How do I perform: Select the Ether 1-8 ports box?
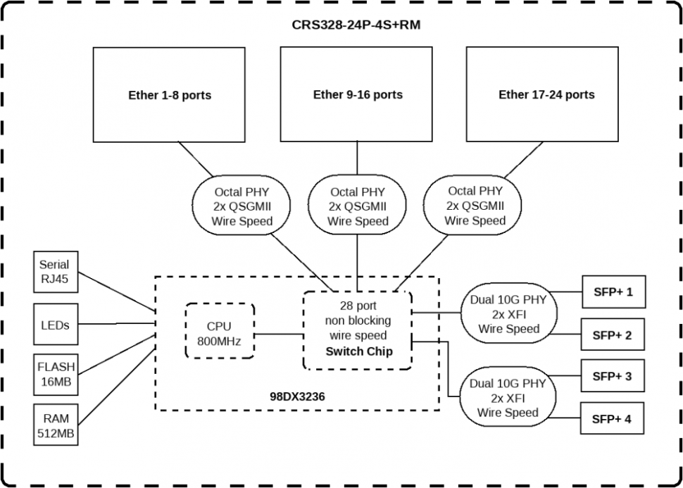169,94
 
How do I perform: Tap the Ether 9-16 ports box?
357,94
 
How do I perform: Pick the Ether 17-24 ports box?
546,94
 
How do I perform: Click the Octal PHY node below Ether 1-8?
242,206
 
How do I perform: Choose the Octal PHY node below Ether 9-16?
358,206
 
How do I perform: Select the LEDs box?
54,324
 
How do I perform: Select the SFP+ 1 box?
612,291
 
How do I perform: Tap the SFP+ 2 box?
612,335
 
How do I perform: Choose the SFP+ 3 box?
612,376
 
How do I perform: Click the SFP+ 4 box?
612,419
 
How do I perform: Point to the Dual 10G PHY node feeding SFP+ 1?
508,313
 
